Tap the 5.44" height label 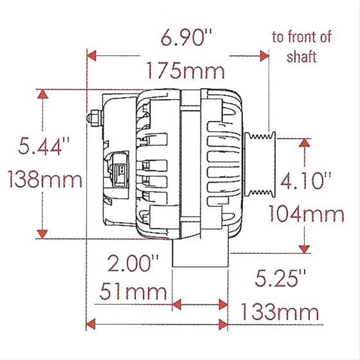pos(43,149)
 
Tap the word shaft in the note pos(301,57)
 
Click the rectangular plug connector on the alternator pos(120,172)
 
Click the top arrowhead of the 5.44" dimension pos(43,94)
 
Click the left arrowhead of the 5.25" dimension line pos(91,324)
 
